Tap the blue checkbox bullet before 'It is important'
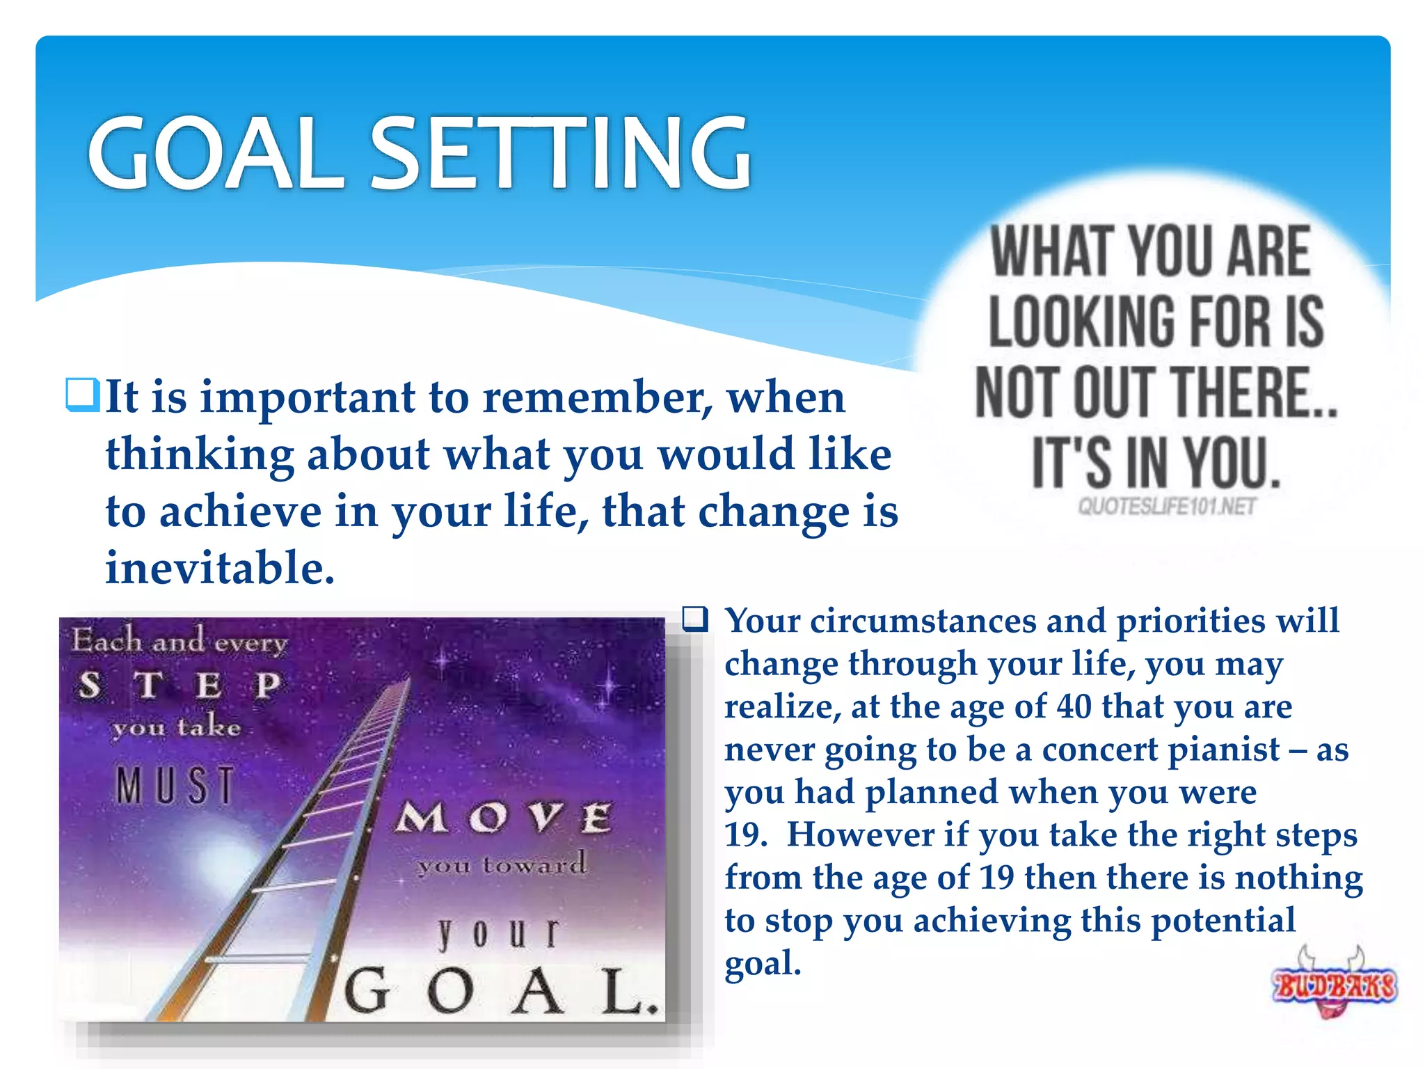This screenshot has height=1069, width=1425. [83, 395]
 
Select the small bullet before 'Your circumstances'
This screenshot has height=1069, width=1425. [695, 619]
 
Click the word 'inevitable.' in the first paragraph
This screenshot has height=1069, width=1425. [220, 567]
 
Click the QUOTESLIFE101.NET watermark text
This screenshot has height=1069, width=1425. [1167, 506]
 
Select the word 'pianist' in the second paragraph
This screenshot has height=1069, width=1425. [1223, 750]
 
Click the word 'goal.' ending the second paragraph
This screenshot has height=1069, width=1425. [763, 964]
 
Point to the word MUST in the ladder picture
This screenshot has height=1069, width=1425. [175, 786]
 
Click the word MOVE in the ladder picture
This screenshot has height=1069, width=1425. [504, 818]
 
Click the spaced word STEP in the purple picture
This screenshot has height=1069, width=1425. [179, 685]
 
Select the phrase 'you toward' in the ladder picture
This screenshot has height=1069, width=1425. [501, 865]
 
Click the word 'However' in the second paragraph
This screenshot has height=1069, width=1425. [860, 835]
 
